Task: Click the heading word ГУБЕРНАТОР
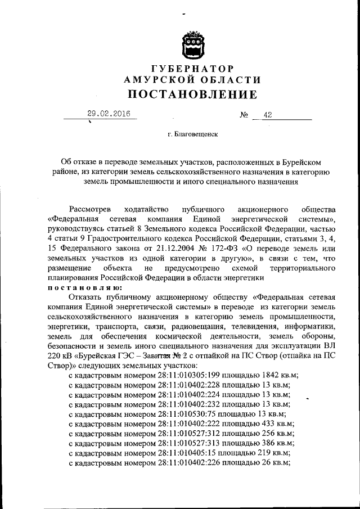point(192,69)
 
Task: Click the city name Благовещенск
point(195,135)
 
